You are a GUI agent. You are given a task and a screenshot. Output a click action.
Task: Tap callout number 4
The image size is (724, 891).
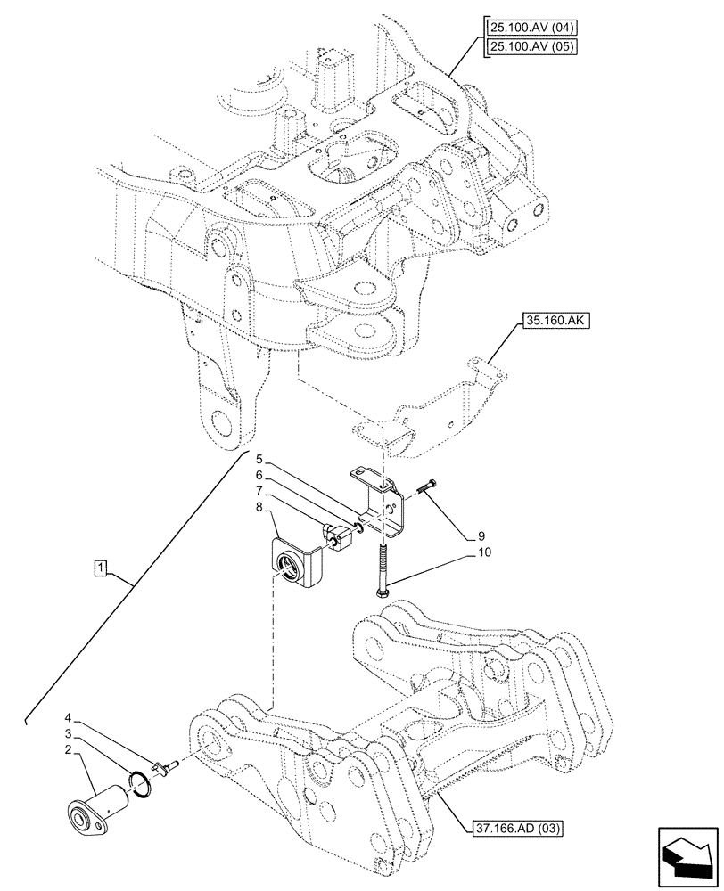[68, 716]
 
